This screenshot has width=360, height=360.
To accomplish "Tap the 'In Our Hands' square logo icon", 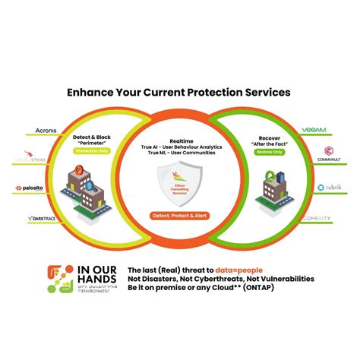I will [62, 279].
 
